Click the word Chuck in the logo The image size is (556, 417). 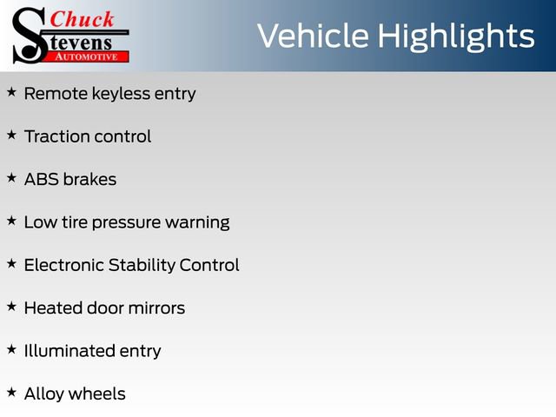tap(83, 18)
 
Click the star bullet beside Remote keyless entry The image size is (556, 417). tap(11, 91)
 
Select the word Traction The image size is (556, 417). tap(56, 136)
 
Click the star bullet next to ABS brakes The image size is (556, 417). tap(11, 176)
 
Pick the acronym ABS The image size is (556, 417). tap(41, 179)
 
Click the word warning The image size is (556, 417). tap(197, 222)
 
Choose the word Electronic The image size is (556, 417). tap(63, 265)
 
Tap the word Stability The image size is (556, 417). tap(141, 265)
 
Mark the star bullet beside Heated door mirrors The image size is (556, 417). tap(11, 306)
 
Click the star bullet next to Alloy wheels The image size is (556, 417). tap(11, 392)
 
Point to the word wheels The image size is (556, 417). tap(97, 394)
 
